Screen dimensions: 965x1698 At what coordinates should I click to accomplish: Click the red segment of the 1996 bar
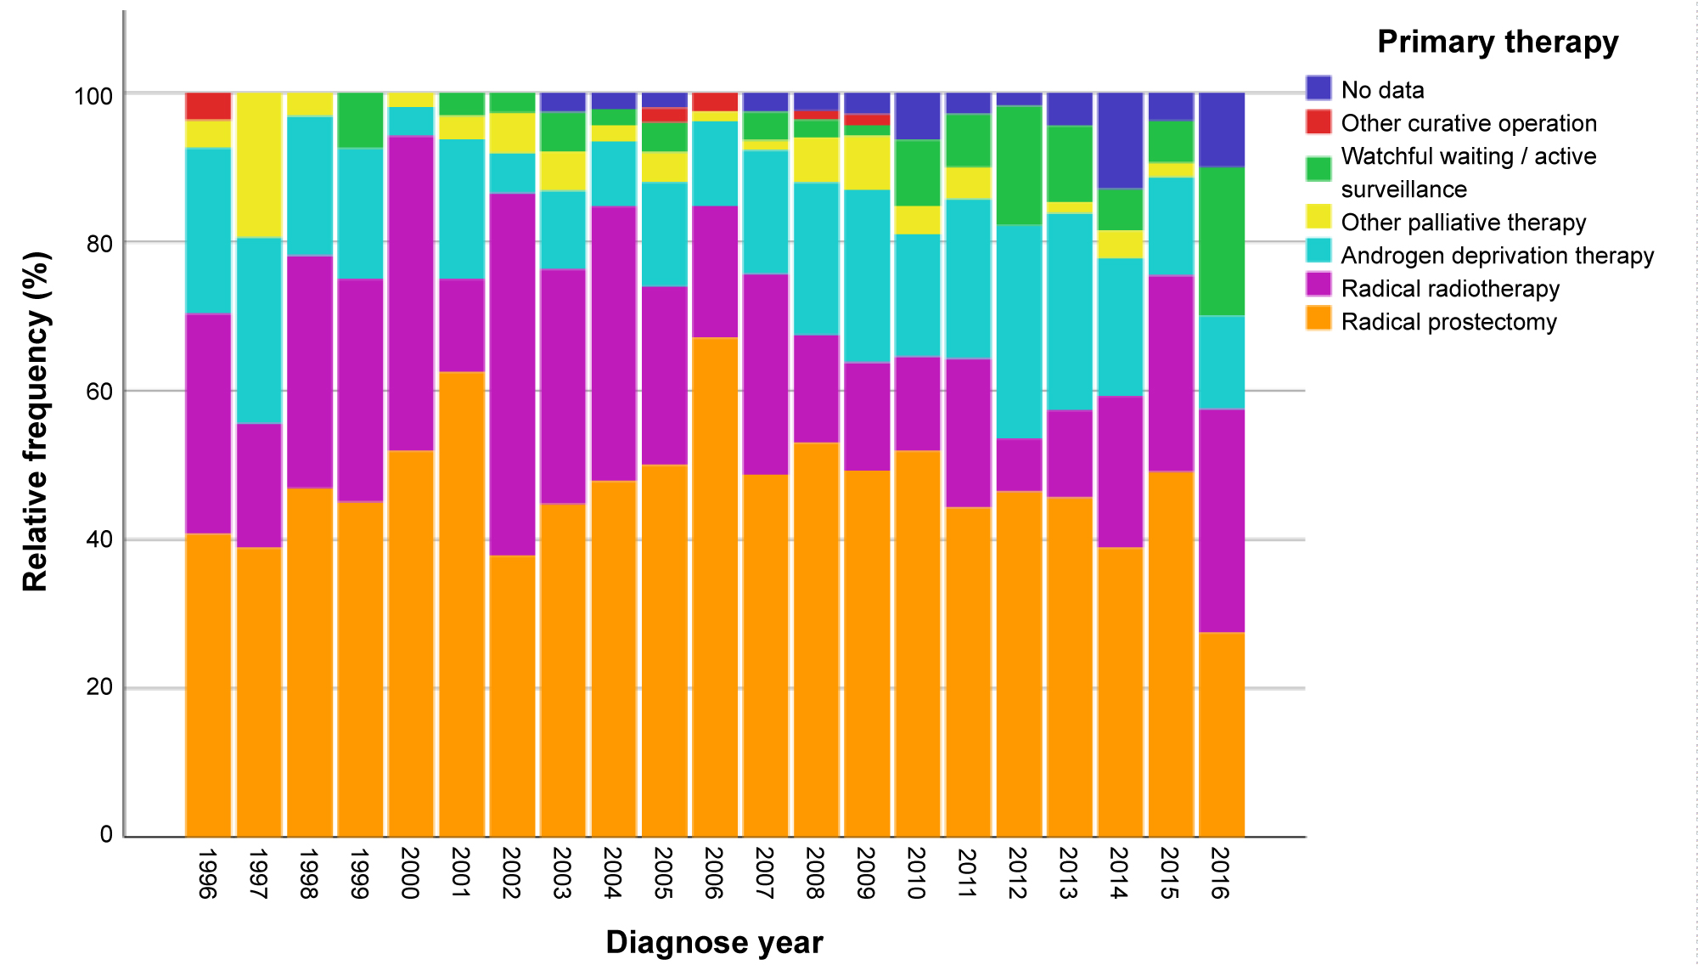(x=208, y=106)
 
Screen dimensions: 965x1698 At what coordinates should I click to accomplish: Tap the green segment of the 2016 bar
(x=1222, y=241)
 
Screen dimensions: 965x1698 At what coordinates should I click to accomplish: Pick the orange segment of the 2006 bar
(x=715, y=586)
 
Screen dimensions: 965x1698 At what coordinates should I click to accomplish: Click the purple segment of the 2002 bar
(x=513, y=374)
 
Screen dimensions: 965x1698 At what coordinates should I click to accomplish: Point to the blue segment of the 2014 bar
(x=1121, y=140)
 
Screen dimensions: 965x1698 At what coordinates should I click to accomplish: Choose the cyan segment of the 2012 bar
(x=1019, y=331)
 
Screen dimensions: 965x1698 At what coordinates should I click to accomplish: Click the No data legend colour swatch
(x=1318, y=88)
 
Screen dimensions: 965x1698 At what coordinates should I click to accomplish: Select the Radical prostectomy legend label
(x=1448, y=322)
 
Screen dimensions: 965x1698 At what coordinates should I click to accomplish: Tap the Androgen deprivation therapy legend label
(x=1497, y=256)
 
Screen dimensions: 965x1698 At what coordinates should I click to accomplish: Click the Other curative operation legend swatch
(x=1318, y=121)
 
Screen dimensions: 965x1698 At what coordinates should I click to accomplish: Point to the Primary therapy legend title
(x=1497, y=42)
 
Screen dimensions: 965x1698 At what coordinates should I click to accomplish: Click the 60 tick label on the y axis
(x=99, y=391)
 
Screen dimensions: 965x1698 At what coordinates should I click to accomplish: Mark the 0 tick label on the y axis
(x=106, y=834)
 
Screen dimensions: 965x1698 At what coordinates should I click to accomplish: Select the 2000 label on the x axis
(x=410, y=872)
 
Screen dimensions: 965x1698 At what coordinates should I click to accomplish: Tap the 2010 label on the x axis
(x=917, y=872)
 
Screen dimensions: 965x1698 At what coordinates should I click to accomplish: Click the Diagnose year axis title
(x=714, y=942)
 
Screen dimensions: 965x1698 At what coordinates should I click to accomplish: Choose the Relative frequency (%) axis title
(x=37, y=421)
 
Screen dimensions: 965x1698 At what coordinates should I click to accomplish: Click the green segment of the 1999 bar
(x=360, y=120)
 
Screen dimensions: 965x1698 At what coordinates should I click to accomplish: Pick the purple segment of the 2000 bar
(x=411, y=293)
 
